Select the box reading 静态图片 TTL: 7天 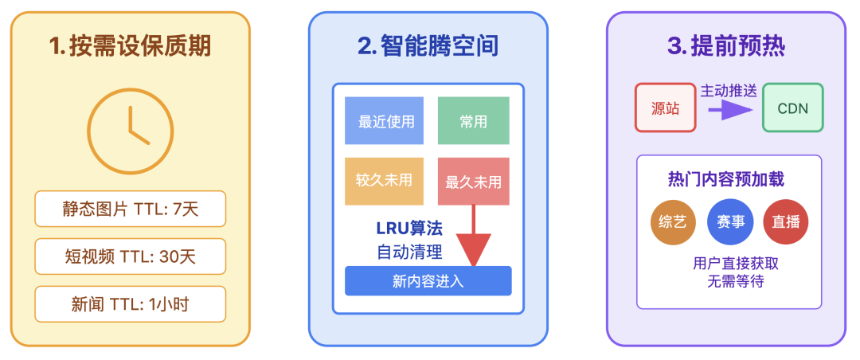(x=131, y=209)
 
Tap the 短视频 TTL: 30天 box (x=131, y=256)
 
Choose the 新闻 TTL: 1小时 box (x=131, y=304)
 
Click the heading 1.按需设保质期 (x=131, y=46)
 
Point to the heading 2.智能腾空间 (x=428, y=46)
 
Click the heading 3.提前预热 (x=726, y=46)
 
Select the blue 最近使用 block (x=385, y=121)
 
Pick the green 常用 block (x=473, y=121)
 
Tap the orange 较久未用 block (x=385, y=181)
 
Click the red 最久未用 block (x=473, y=181)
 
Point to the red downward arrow (x=474, y=239)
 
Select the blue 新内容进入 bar (x=428, y=281)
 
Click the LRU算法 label (x=409, y=228)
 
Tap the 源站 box (x=665, y=108)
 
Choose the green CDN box (x=792, y=108)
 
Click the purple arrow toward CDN (x=729, y=109)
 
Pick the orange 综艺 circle (x=673, y=222)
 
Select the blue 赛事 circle (x=730, y=222)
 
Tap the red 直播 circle (x=786, y=222)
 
